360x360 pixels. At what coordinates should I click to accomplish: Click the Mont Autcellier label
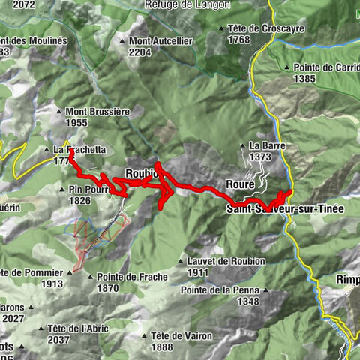point(160,40)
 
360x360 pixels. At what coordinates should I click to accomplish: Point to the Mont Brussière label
point(98,111)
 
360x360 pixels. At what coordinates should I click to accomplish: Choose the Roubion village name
point(141,173)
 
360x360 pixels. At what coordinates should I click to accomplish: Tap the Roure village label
point(240,184)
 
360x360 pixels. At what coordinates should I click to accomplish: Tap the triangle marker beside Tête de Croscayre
point(222,29)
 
